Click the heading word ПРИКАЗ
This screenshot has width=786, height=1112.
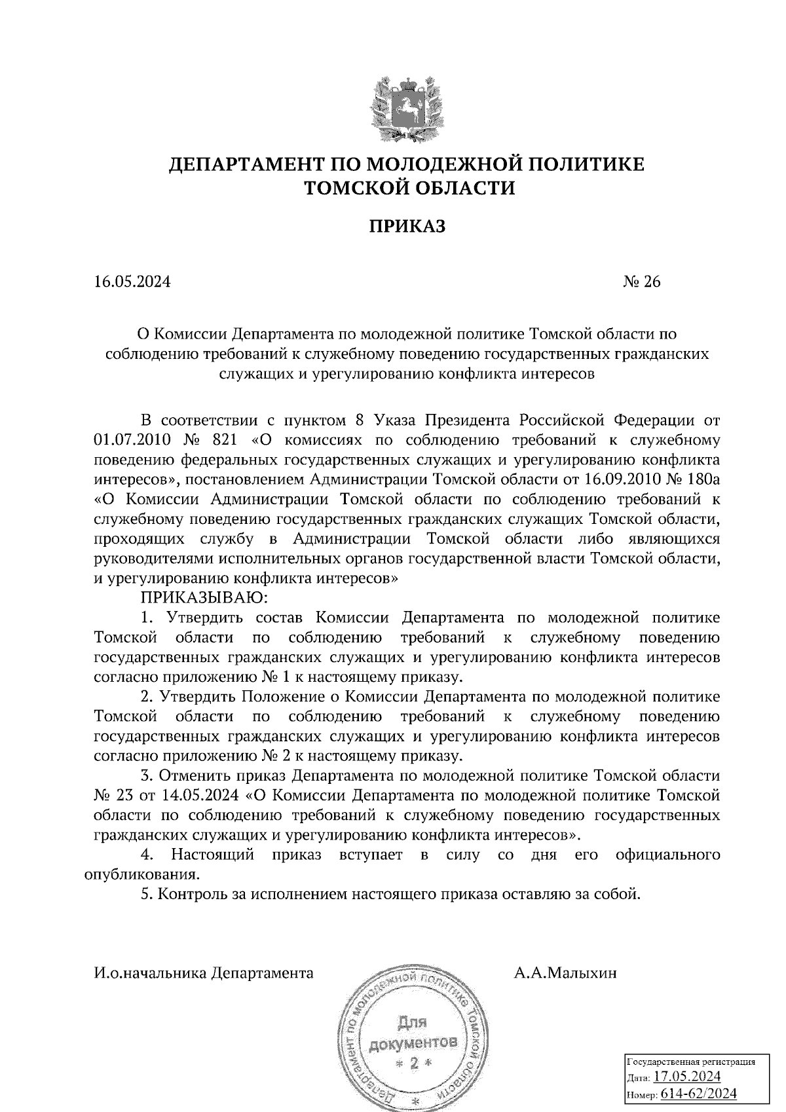pyautogui.click(x=406, y=227)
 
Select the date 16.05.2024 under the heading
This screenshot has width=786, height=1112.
pyautogui.click(x=132, y=282)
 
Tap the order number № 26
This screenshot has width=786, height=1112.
pyautogui.click(x=641, y=282)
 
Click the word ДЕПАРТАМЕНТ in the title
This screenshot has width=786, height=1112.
pyautogui.click(x=257, y=164)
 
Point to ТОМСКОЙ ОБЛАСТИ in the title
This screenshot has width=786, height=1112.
pyautogui.click(x=409, y=189)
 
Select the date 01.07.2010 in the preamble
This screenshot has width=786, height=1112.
pyautogui.click(x=132, y=439)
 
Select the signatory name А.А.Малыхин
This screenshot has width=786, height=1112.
pyautogui.click(x=565, y=973)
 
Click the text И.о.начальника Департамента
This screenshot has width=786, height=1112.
pyautogui.click(x=204, y=973)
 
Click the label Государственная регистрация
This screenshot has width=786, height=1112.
pyautogui.click(x=691, y=1061)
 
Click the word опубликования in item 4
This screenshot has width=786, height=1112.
pyautogui.click(x=141, y=874)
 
